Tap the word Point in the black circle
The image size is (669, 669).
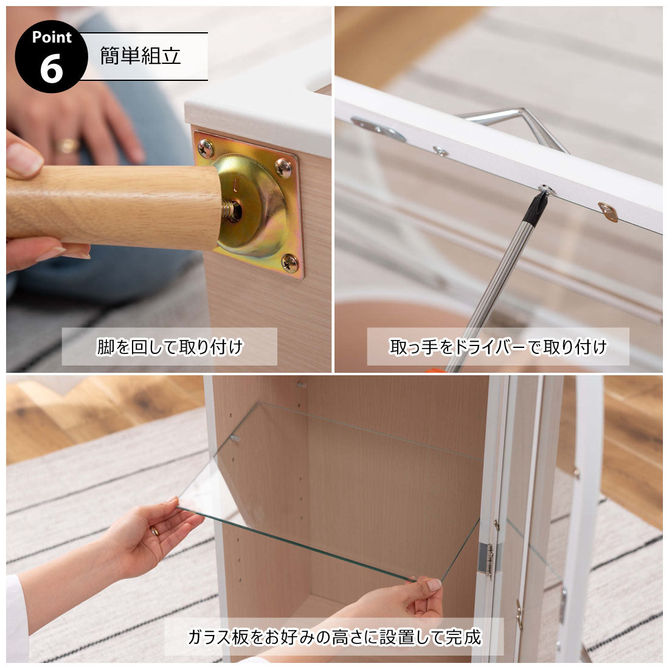(x=52, y=37)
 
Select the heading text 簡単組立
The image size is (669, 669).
(x=140, y=55)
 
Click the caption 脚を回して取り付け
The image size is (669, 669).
(x=170, y=347)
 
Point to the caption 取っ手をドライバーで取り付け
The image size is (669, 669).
(x=498, y=347)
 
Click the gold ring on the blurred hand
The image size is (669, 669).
(x=67, y=146)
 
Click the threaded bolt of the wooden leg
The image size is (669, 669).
(x=231, y=210)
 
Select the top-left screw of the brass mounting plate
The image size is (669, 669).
(x=206, y=148)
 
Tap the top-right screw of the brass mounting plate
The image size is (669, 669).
(x=283, y=167)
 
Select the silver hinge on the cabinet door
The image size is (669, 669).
(x=487, y=559)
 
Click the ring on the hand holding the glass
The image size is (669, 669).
(x=154, y=531)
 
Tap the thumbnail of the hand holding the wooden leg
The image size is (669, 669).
(x=24, y=159)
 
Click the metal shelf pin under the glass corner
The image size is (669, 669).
(x=234, y=438)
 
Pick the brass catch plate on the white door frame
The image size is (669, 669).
(x=608, y=212)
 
